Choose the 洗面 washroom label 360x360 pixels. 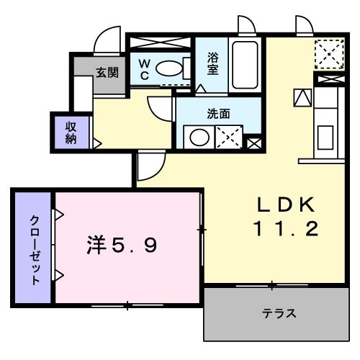tap(218, 113)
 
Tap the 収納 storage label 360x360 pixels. tap(71, 132)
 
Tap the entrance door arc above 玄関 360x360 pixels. tap(107, 40)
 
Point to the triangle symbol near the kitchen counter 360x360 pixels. tap(300, 95)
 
